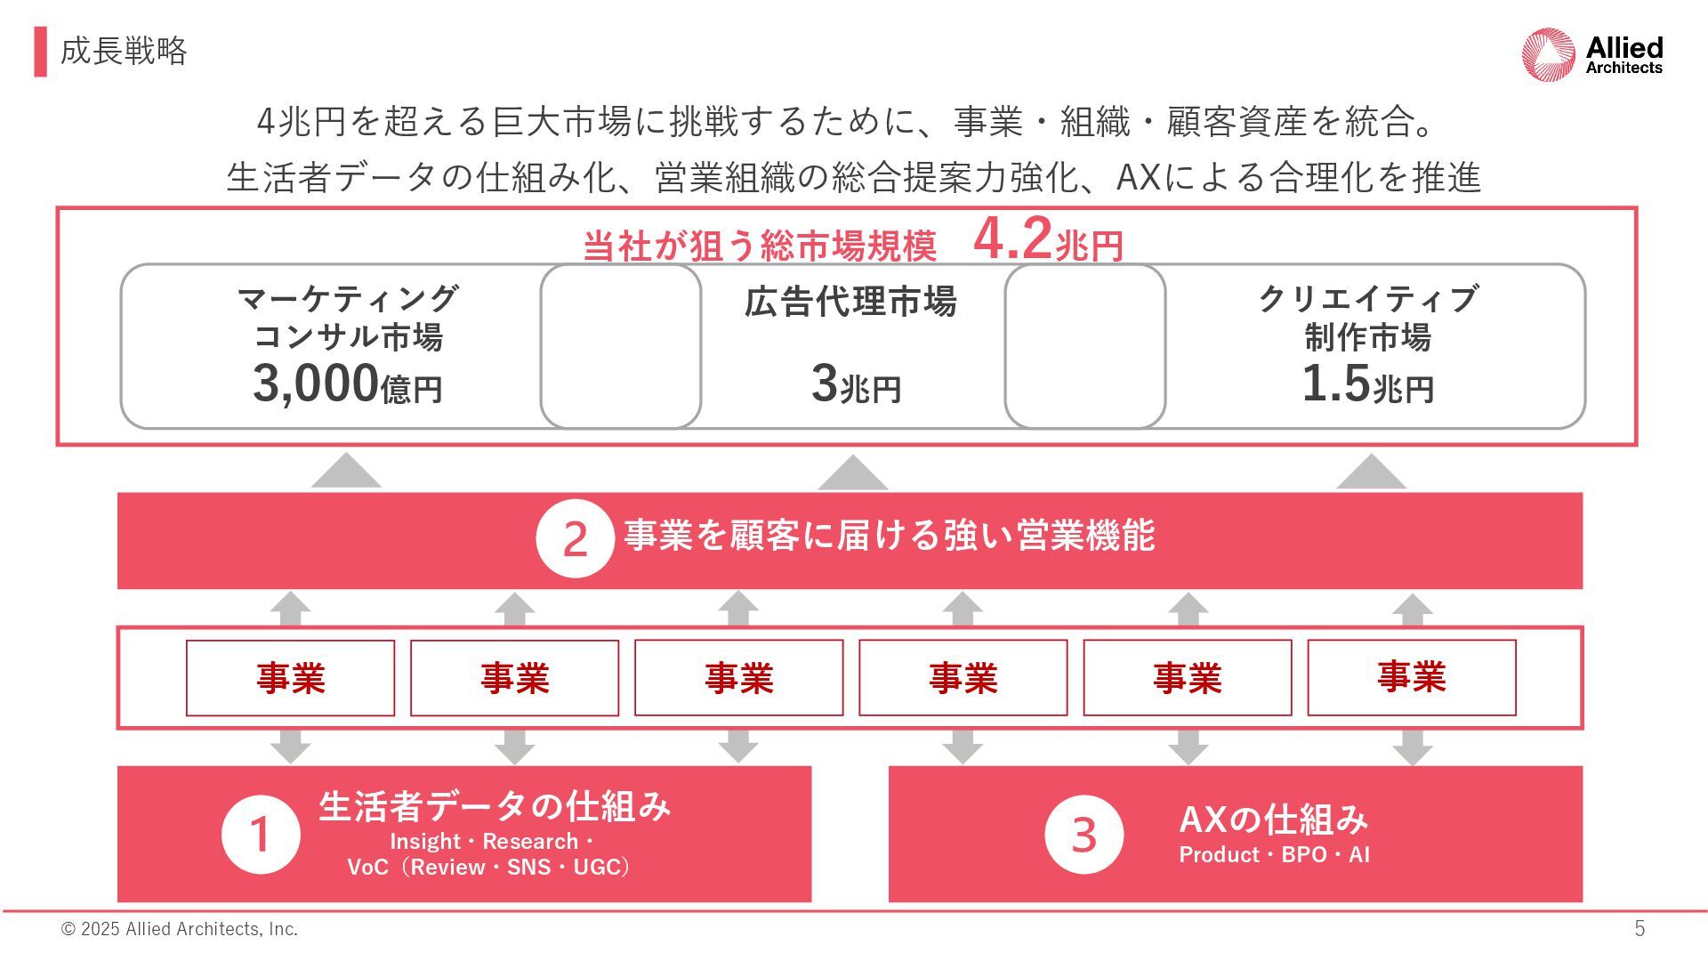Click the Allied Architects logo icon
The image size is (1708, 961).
pyautogui.click(x=1549, y=54)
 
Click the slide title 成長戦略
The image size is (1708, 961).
pyautogui.click(x=124, y=52)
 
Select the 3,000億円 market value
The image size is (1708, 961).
pyautogui.click(x=348, y=384)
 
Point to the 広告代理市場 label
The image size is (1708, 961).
pyautogui.click(x=850, y=303)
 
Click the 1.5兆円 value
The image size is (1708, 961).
pyautogui.click(x=1367, y=384)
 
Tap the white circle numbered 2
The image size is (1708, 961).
pyautogui.click(x=575, y=539)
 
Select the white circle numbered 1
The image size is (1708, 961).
pyautogui.click(x=261, y=835)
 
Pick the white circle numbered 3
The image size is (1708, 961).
pyautogui.click(x=1084, y=835)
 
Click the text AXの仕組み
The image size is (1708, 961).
pyautogui.click(x=1273, y=820)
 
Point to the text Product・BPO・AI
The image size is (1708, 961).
pyautogui.click(x=1274, y=855)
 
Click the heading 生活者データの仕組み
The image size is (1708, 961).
pyautogui.click(x=495, y=806)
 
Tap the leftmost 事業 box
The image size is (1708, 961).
pyautogui.click(x=290, y=678)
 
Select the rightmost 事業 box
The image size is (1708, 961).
pyautogui.click(x=1411, y=678)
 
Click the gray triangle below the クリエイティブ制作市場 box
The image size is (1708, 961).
pyautogui.click(x=1371, y=473)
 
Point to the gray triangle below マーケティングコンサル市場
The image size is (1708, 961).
pyautogui.click(x=346, y=472)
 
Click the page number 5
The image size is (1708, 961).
pyautogui.click(x=1640, y=929)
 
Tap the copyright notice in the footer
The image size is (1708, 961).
pyautogui.click(x=179, y=929)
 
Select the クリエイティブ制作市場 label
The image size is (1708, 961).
pyautogui.click(x=1367, y=318)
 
